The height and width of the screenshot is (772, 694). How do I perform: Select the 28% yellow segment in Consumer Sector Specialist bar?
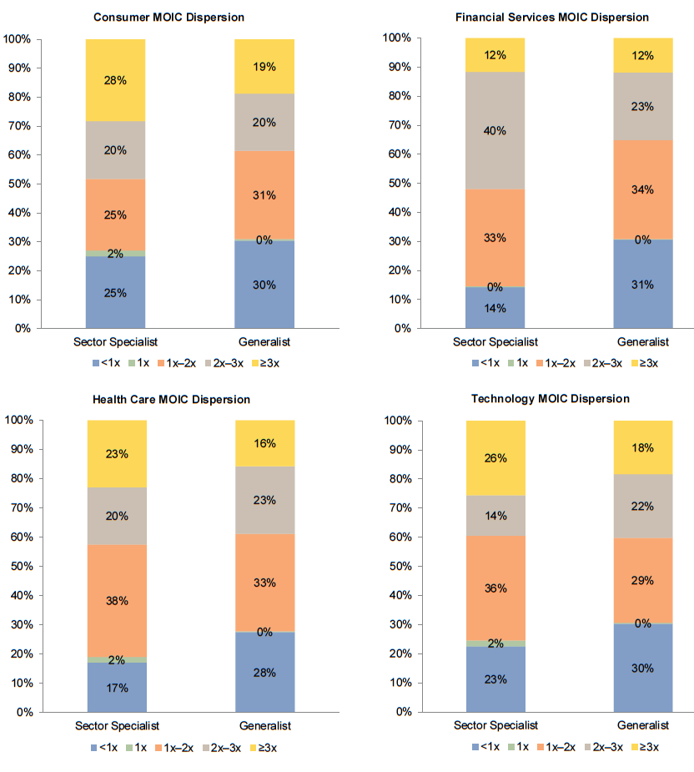pos(115,80)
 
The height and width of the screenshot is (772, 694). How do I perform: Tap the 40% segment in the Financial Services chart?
pos(495,131)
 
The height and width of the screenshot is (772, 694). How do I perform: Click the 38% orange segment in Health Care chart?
pos(116,600)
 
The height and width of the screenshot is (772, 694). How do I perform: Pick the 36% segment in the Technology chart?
pos(495,588)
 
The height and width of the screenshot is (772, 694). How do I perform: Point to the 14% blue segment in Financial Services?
pos(495,309)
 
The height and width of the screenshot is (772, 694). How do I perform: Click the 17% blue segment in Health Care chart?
pos(116,688)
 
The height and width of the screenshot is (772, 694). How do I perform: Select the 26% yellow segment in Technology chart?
pos(495,458)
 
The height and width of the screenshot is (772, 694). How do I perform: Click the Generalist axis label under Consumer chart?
pos(264,342)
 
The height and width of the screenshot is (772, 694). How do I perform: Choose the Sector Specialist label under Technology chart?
pos(495,725)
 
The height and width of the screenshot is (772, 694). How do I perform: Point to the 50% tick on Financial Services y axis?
pos(393,183)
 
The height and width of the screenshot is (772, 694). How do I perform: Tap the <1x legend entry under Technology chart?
pos(483,747)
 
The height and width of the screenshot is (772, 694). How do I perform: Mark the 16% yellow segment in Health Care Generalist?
pos(264,443)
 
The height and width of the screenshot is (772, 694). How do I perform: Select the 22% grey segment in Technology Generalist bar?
pos(642,507)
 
